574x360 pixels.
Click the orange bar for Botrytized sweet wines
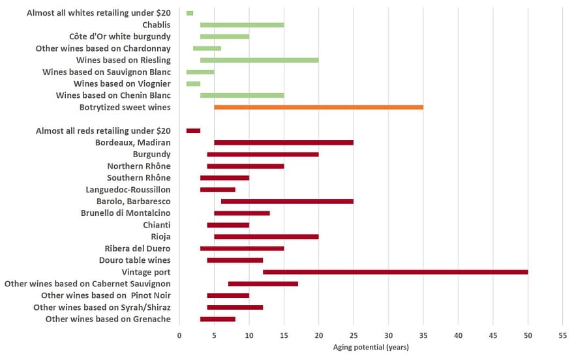tap(318, 107)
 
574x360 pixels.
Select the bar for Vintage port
tap(395, 272)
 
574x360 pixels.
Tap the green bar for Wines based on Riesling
tap(259, 60)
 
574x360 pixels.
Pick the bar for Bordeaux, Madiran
tap(284, 142)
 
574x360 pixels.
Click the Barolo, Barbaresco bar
tap(287, 201)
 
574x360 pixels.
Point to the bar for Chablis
tap(242, 25)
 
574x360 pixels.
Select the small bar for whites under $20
tap(190, 13)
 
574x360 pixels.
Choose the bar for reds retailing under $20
tap(193, 130)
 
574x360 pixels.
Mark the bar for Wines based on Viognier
tap(193, 83)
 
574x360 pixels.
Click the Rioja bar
tap(266, 237)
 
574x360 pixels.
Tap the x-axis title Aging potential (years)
tap(370, 347)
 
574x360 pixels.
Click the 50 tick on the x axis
tap(528, 336)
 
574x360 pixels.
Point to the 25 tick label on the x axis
tap(354, 336)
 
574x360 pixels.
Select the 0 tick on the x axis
tap(179, 336)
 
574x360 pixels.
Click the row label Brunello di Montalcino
tap(126, 213)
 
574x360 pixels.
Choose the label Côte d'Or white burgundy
tap(120, 37)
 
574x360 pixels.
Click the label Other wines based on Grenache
tap(108, 319)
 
